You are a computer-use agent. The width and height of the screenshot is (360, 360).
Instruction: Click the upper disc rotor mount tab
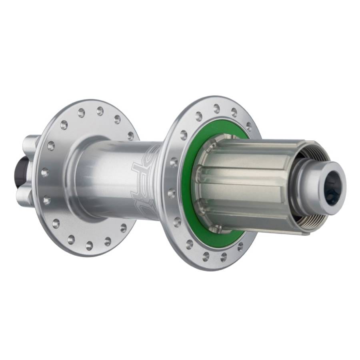pos(30,144)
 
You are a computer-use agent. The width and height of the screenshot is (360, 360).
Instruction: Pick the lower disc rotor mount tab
pos(25,196)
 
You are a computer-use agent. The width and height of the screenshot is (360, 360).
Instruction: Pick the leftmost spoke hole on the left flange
pos(45,173)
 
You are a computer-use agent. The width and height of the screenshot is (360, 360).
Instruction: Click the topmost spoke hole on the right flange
pos(216,108)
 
